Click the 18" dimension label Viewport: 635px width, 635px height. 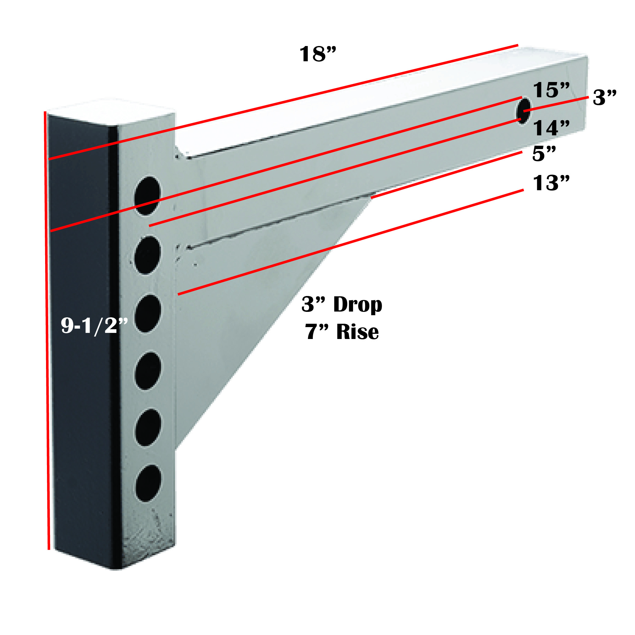(318, 54)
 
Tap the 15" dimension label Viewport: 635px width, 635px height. (551, 90)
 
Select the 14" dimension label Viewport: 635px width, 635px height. (551, 128)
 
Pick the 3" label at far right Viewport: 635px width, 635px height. (605, 97)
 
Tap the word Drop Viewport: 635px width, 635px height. (358, 305)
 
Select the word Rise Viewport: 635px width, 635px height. (357, 332)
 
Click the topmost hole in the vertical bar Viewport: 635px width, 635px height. (148, 196)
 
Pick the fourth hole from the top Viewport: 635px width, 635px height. (148, 371)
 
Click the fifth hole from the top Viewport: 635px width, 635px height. (148, 427)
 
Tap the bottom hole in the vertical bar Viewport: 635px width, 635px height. (148, 483)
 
